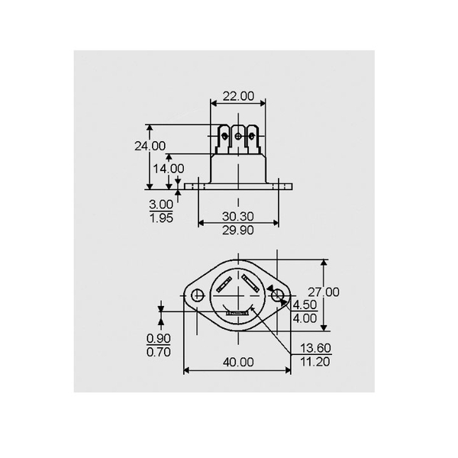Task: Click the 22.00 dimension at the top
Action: coord(237,96)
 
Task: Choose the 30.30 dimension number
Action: coord(238,216)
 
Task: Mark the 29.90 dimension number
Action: coord(238,230)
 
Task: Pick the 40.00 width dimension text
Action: coord(237,362)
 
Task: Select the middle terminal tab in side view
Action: coord(237,138)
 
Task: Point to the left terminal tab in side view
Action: coord(223,139)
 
